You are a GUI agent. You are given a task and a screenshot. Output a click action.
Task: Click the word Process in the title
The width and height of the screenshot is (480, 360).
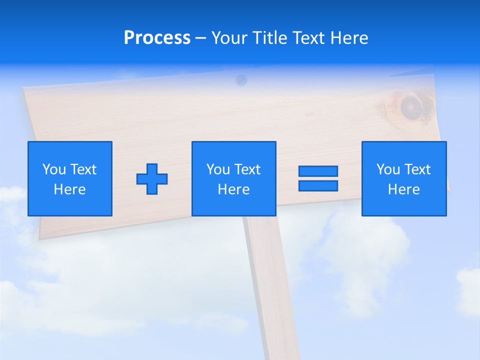pyautogui.click(x=157, y=38)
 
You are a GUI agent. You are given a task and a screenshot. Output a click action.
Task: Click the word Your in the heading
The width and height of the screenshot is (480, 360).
pyautogui.click(x=229, y=38)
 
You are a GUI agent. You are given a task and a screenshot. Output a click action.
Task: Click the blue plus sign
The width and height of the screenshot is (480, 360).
pyautogui.click(x=152, y=178)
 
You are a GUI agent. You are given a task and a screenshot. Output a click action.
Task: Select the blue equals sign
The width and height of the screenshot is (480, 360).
pyautogui.click(x=318, y=178)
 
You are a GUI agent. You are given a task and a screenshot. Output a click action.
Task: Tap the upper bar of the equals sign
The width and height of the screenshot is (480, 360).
pyautogui.click(x=318, y=171)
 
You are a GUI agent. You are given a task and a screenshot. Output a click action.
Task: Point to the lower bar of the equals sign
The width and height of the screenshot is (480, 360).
pyautogui.click(x=318, y=185)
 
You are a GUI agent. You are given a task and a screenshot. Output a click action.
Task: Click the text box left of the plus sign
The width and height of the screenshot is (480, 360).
pyautogui.click(x=70, y=178)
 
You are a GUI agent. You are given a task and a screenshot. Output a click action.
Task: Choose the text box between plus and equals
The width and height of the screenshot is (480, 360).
pyautogui.click(x=233, y=178)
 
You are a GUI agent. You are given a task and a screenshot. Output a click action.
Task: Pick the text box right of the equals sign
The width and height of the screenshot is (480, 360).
pyautogui.click(x=403, y=178)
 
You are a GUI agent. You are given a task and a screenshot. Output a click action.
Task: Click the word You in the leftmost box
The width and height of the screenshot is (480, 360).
pyautogui.click(x=54, y=169)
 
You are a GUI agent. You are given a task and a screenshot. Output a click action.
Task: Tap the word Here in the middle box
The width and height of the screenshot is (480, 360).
pyautogui.click(x=233, y=189)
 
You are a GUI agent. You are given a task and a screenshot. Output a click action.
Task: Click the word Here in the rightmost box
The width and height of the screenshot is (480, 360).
pyautogui.click(x=403, y=189)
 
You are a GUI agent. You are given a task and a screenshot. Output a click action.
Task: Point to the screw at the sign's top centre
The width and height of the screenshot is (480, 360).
pyautogui.click(x=241, y=78)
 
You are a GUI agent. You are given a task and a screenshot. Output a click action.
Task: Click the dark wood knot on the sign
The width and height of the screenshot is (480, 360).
pyautogui.click(x=411, y=106)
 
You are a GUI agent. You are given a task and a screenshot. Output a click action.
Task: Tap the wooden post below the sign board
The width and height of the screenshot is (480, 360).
pyautogui.click(x=270, y=280)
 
